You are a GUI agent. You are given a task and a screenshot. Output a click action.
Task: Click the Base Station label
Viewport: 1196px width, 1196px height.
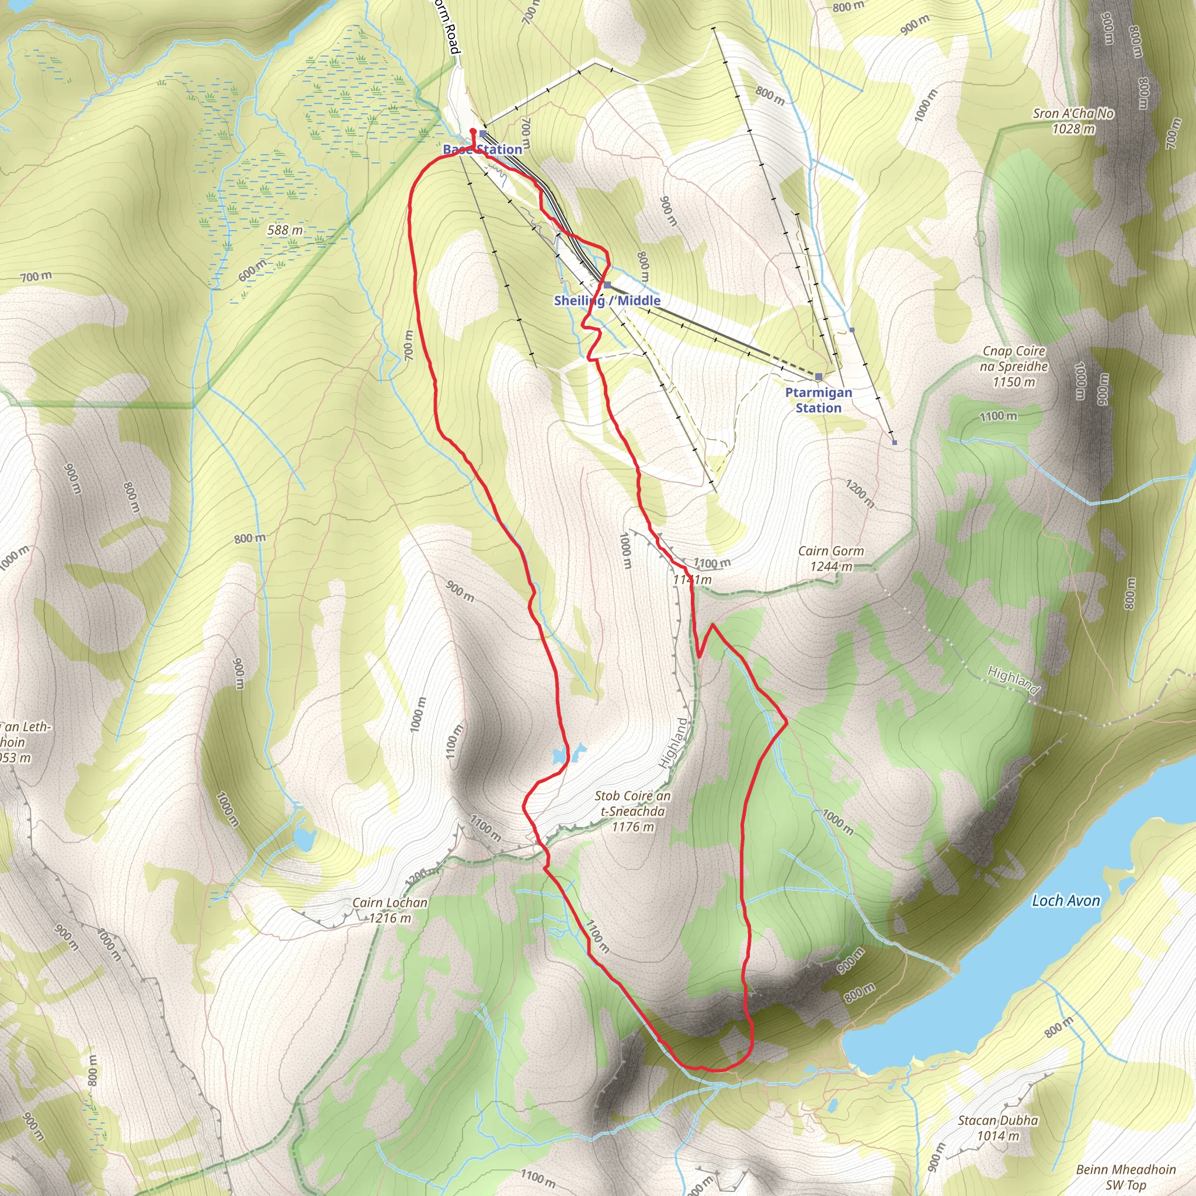[482, 149]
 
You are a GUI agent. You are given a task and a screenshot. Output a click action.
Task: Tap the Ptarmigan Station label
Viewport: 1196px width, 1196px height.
[818, 400]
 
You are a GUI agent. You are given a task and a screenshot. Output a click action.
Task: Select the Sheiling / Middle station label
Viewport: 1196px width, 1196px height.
[607, 300]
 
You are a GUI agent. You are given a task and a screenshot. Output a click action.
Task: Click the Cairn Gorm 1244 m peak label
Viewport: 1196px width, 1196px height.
[831, 558]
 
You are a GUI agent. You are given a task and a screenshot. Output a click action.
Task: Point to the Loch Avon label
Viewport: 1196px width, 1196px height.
[1065, 901]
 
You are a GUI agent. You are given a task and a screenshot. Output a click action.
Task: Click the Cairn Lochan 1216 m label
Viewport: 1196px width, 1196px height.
[390, 910]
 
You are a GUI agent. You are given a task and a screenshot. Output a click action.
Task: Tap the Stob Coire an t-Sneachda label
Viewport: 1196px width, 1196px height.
[632, 811]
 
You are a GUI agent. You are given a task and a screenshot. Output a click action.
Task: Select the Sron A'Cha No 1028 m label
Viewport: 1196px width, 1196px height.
[1073, 121]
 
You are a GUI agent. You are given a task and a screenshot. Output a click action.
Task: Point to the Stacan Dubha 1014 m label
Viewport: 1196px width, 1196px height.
[998, 1128]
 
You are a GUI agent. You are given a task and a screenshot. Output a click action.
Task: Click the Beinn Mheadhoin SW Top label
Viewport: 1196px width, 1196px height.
[1125, 1177]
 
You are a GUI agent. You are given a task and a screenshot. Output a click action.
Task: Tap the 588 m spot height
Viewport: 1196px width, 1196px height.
[285, 230]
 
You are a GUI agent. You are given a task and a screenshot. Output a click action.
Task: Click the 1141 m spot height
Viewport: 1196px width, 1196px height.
[692, 579]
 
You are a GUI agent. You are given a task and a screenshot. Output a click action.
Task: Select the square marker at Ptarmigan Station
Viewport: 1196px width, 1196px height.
[818, 377]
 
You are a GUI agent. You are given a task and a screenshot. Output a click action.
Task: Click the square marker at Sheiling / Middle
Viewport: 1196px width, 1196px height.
[608, 285]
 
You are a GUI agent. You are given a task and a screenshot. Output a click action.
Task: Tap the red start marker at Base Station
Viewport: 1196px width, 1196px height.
[473, 131]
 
